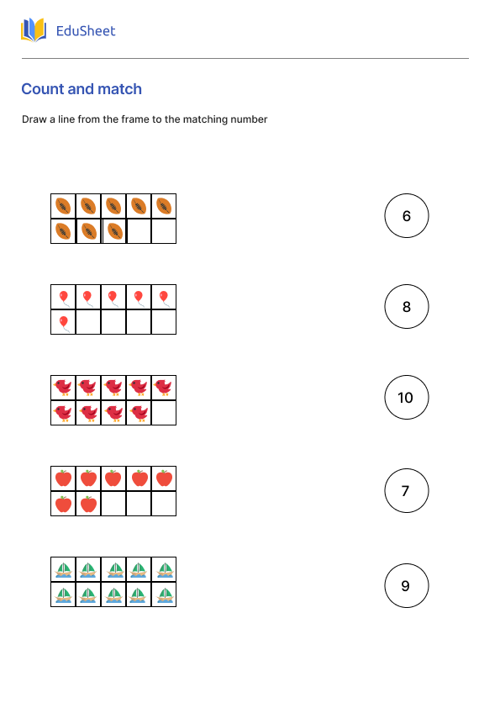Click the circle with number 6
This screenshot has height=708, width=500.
[406, 216]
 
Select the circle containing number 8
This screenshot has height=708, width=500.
[406, 306]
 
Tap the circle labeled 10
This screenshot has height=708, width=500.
[406, 397]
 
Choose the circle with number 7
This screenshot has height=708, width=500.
[406, 490]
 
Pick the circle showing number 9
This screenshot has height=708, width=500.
[406, 585]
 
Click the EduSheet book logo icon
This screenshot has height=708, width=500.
[34, 31]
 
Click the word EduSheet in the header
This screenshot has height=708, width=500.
[85, 31]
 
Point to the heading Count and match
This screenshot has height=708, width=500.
[82, 89]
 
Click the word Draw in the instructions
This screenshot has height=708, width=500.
[34, 119]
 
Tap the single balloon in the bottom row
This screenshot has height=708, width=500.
[63, 322]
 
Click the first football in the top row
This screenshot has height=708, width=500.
[63, 206]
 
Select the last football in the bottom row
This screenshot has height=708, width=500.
[114, 231]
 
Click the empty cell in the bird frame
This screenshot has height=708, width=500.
[164, 413]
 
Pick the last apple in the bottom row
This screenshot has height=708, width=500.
[88, 504]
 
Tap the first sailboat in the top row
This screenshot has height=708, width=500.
[63, 569]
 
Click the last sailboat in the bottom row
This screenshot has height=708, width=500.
[164, 594]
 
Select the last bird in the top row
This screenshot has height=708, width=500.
[164, 388]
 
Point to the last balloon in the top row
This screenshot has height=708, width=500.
[164, 297]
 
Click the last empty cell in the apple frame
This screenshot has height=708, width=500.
[164, 504]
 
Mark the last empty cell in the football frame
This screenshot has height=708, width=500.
[164, 231]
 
